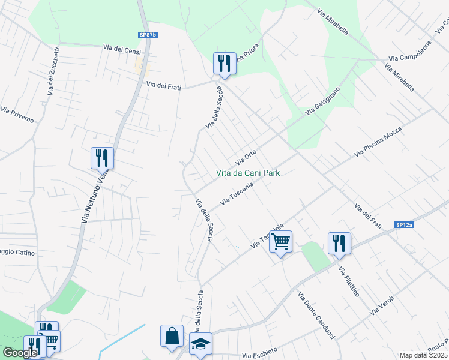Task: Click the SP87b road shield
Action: [x=148, y=35]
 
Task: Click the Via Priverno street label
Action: [x=17, y=115]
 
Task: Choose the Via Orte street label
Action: [x=246, y=157]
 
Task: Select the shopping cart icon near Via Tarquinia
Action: [x=280, y=242]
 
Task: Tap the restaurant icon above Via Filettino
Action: [x=339, y=243]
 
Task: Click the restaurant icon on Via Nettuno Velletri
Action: [x=102, y=158]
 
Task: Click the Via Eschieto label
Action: [x=259, y=352]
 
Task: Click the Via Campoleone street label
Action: [x=410, y=53]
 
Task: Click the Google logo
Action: [x=20, y=353]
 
